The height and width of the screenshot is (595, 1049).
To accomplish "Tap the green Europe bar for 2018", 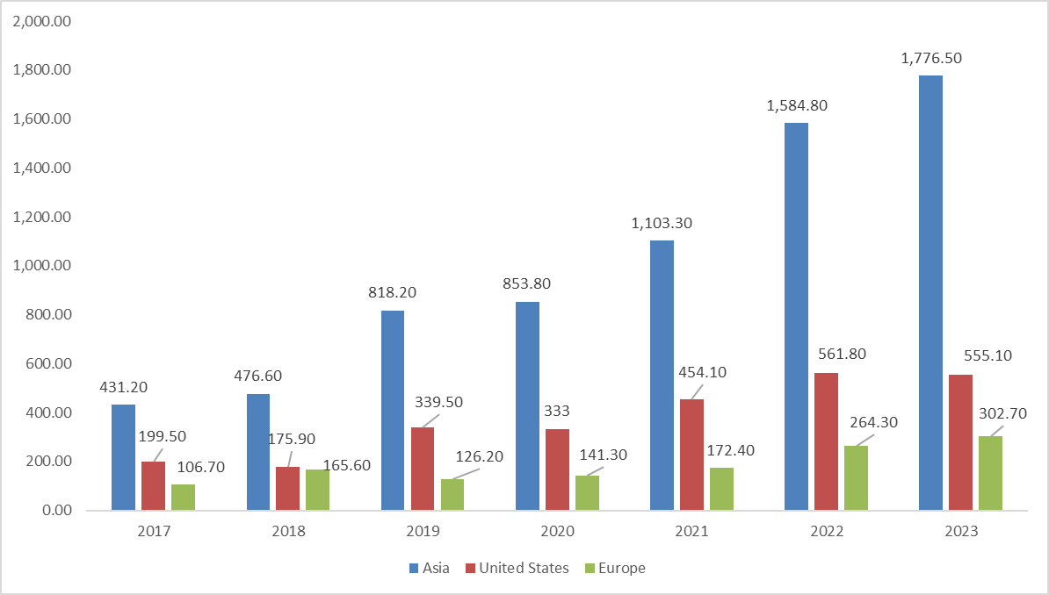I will pyautogui.click(x=317, y=490).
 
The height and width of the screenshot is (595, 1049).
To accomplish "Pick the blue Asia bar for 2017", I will pyautogui.click(x=123, y=456).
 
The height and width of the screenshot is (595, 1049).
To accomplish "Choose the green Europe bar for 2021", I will pyautogui.click(x=721, y=489).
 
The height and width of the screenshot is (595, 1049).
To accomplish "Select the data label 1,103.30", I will pyautogui.click(x=662, y=223).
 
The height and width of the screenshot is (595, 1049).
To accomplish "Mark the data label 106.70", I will pyautogui.click(x=201, y=467).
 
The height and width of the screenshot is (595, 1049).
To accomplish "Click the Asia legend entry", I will pyautogui.click(x=430, y=568).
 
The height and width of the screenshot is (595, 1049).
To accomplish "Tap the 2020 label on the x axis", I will pyautogui.click(x=557, y=531).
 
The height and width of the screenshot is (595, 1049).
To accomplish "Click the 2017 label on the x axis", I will pyautogui.click(x=153, y=531).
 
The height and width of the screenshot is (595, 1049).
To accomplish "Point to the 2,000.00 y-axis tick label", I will pyautogui.click(x=42, y=21).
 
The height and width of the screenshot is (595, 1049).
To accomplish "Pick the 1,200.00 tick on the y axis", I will pyautogui.click(x=42, y=217).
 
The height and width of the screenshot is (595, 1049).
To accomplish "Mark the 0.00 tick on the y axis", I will pyautogui.click(x=55, y=511).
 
